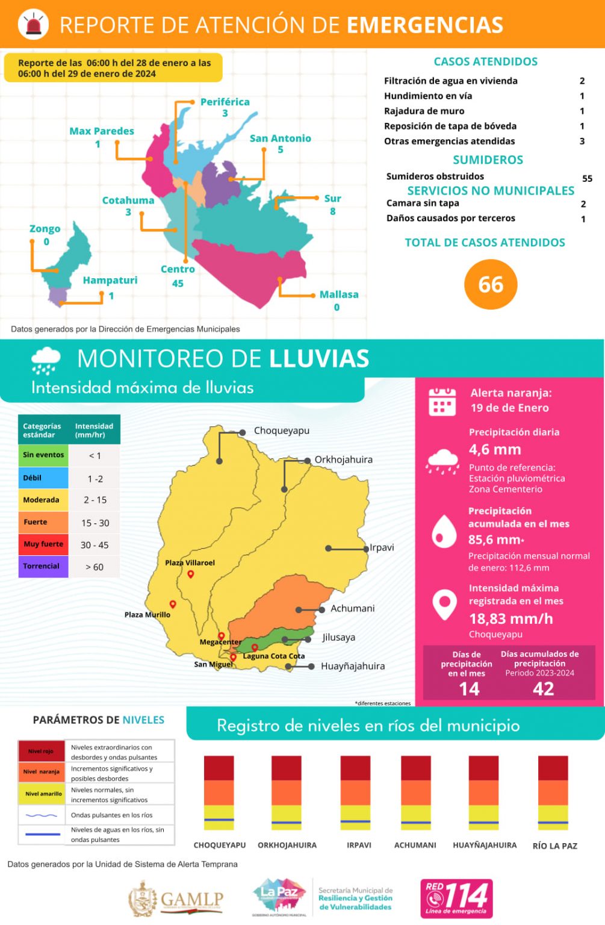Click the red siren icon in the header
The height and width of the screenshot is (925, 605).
(33, 24)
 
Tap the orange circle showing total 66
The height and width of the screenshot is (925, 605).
(491, 284)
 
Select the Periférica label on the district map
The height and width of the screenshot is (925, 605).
(225, 102)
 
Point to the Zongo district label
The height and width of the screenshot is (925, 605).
(45, 229)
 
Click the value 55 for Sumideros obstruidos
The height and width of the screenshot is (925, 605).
(587, 178)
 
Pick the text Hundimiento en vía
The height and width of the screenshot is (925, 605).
(428, 96)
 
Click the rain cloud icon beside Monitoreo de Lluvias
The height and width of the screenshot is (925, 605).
(46, 360)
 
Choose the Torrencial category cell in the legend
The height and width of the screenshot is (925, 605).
(42, 566)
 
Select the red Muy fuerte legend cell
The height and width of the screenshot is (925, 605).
(43, 544)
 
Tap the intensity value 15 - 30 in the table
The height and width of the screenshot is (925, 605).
(95, 523)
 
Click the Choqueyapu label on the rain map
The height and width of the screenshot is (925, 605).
(281, 431)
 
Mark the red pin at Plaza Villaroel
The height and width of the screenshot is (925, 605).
(191, 574)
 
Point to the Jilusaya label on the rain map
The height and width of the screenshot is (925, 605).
(338, 637)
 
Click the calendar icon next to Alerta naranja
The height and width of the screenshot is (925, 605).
(442, 401)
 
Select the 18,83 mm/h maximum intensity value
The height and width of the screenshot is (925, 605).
(510, 618)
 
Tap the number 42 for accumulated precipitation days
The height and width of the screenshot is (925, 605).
(543, 688)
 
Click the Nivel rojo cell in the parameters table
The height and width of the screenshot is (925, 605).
(41, 751)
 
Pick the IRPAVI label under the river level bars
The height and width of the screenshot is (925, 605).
(359, 845)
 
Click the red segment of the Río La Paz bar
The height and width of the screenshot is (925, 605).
(553, 768)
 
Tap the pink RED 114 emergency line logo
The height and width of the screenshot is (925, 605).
(456, 898)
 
